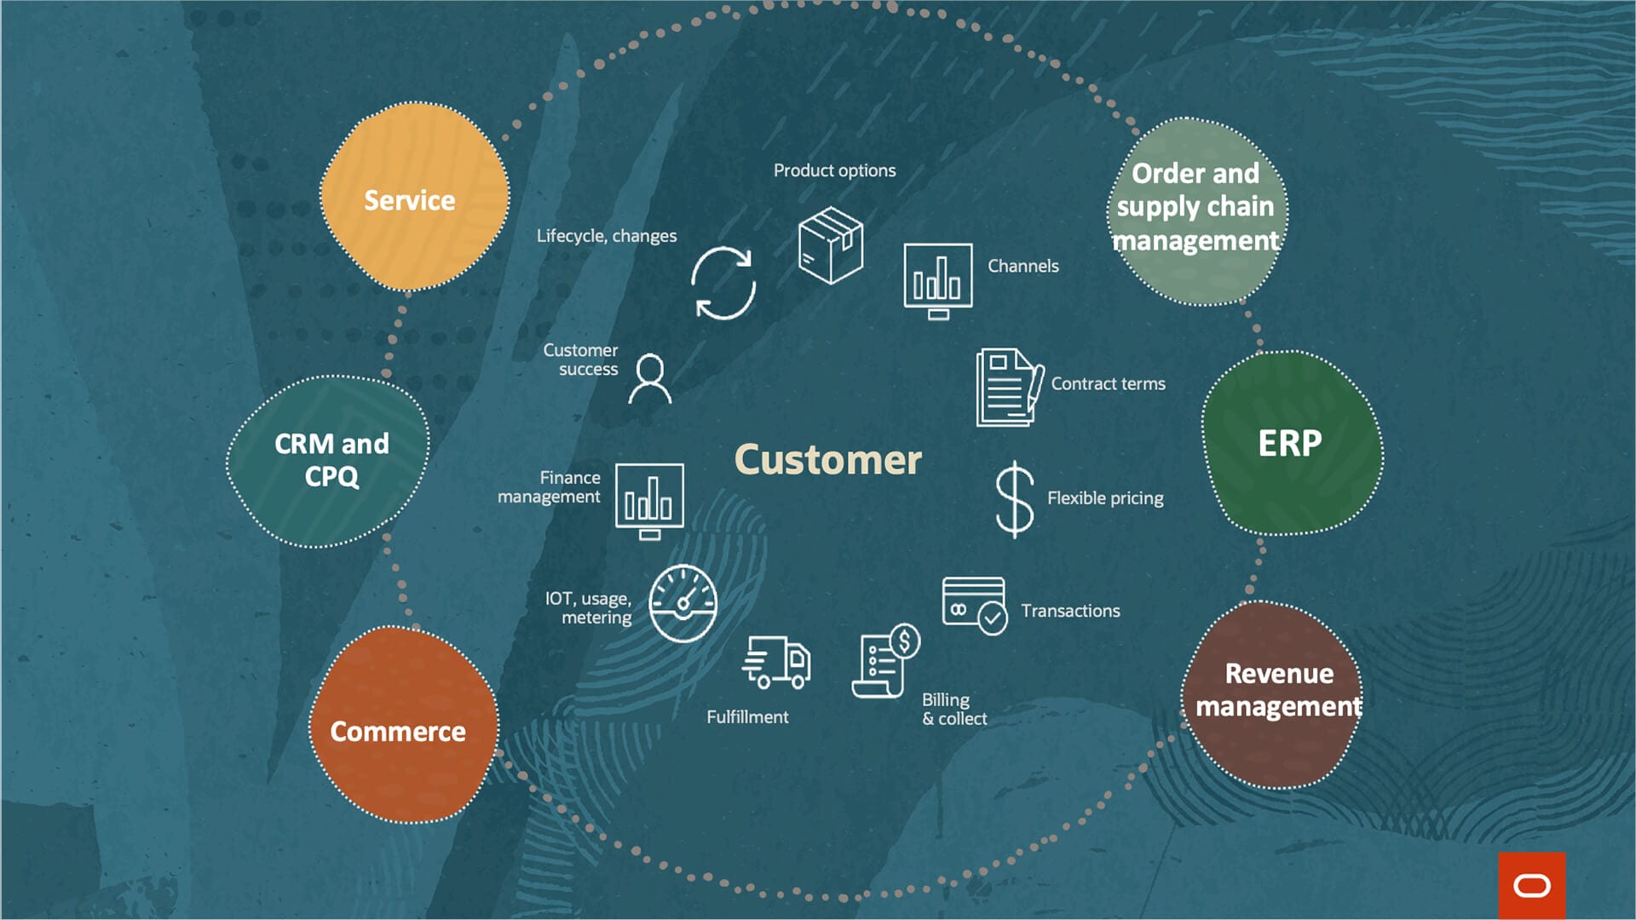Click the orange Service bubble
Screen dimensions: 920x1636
(414, 198)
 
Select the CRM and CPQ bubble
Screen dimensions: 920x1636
(329, 461)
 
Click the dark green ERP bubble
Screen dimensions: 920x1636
(1292, 444)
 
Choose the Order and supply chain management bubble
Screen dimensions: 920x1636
(1196, 210)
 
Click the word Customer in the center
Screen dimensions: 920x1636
(827, 460)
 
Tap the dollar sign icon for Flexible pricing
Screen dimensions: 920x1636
(1014, 499)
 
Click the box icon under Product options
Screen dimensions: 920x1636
(831, 245)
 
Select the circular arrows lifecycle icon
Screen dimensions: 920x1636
(723, 283)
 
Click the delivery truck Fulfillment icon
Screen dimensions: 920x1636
(776, 662)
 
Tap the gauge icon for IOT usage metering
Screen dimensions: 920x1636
(683, 603)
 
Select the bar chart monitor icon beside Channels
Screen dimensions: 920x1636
(937, 279)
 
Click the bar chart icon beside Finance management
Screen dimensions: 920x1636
(649, 500)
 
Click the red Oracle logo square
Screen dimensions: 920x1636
(1531, 885)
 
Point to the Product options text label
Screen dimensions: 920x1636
(834, 170)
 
